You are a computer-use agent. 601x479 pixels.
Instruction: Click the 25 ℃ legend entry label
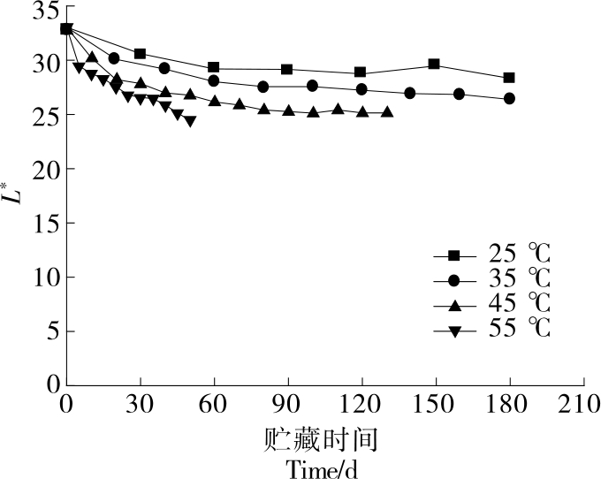pyautogui.click(x=520, y=255)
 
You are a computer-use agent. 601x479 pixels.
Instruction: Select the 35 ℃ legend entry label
pyautogui.click(x=520, y=280)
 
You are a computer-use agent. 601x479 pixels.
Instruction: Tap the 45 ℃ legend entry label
pyautogui.click(x=520, y=305)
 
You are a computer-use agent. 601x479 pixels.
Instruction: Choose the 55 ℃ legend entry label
pyautogui.click(x=520, y=330)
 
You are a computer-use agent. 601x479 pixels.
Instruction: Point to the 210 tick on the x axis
pyautogui.click(x=582, y=406)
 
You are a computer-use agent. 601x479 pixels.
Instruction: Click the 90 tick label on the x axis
pyautogui.click(x=286, y=406)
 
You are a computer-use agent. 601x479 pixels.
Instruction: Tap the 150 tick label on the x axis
pyautogui.click(x=434, y=406)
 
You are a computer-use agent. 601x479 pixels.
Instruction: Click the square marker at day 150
pyautogui.click(x=434, y=64)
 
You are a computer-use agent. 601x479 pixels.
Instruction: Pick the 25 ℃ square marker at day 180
pyautogui.click(x=509, y=78)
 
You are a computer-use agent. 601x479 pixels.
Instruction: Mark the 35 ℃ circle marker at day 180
pyautogui.click(x=509, y=98)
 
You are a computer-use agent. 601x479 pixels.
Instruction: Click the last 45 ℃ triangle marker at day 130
pyautogui.click(x=386, y=112)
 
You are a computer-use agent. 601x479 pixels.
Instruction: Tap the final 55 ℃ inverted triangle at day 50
pyautogui.click(x=190, y=121)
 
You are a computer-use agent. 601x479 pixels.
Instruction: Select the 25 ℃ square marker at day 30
pyautogui.click(x=140, y=54)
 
